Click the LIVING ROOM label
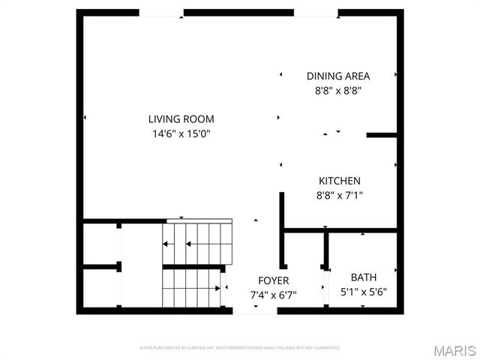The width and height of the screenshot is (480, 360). coord(181,118)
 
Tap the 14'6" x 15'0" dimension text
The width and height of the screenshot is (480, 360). coord(181,134)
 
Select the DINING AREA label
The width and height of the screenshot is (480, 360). coord(338,76)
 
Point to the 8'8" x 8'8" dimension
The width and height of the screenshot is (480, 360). coord(338,91)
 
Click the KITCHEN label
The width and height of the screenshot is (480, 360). coord(340,181)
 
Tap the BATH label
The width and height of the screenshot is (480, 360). coord(364,277)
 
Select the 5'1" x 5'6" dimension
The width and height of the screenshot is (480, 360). coord(364,292)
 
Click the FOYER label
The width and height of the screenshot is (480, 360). coord(273,280)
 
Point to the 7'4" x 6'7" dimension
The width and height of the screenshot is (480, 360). coord(273,295)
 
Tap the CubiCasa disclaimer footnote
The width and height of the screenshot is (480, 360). coord(240,348)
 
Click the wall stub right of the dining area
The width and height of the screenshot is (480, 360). coord(381,136)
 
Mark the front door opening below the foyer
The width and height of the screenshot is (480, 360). coord(255,310)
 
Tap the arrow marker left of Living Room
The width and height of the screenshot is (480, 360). coord(85,118)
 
